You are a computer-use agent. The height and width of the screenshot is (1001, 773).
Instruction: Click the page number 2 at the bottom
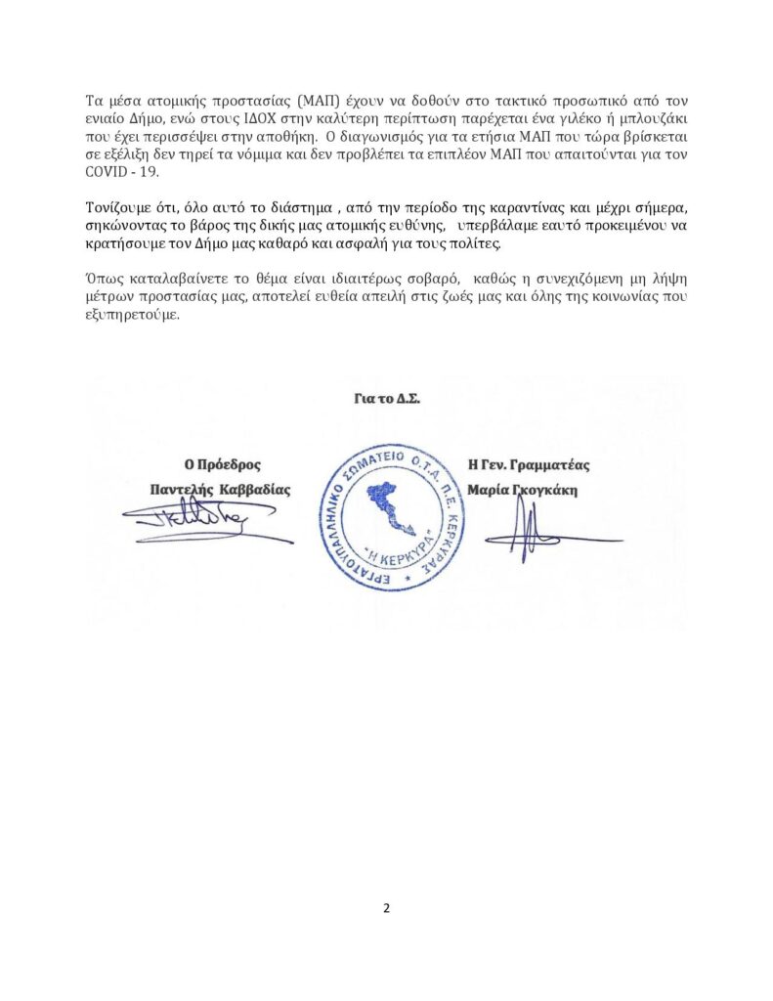click(386, 908)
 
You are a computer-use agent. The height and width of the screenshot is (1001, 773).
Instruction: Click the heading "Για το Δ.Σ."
click(387, 399)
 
